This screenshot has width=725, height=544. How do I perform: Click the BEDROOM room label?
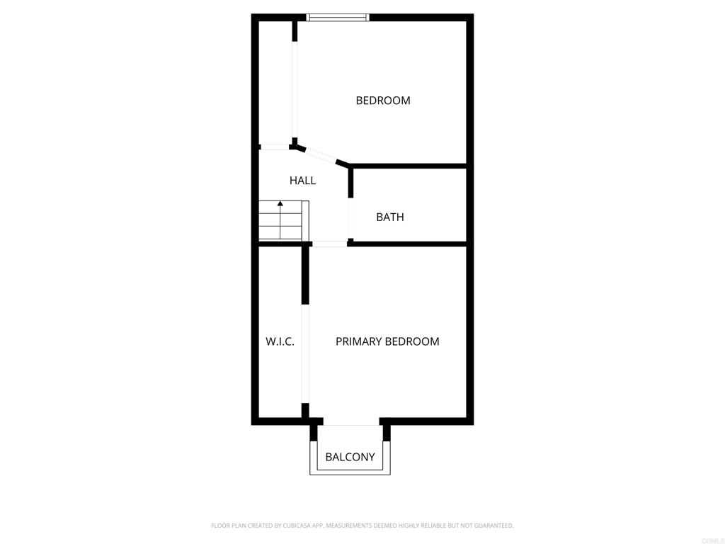[382, 101]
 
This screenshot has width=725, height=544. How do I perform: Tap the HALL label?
[302, 181]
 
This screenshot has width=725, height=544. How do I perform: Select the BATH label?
[389, 217]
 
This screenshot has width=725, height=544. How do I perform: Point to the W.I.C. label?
[280, 341]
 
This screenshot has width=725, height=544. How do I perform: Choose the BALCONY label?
[350, 457]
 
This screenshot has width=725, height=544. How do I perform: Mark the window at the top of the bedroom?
[338, 17]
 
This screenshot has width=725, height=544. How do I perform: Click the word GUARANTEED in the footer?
[491, 526]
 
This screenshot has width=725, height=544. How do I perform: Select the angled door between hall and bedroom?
[321, 156]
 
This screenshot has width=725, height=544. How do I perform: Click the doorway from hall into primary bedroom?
[329, 244]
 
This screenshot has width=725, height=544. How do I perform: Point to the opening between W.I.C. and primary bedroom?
[305, 353]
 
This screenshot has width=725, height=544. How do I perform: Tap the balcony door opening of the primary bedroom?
[350, 424]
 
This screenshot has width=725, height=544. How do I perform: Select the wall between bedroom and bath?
[409, 166]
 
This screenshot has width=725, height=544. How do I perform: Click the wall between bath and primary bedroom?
[409, 244]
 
